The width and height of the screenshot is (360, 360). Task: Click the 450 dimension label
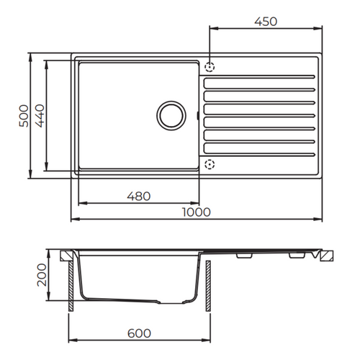coord(266,22)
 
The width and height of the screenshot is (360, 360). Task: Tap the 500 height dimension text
coord(24,116)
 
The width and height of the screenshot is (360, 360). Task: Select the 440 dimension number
coord(40,116)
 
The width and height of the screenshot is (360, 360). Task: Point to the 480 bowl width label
coord(139,197)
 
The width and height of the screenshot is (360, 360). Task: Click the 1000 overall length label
coord(197,212)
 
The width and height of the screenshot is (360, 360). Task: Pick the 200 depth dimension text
coord(42,275)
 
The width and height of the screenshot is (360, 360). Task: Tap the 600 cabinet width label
coord(139,333)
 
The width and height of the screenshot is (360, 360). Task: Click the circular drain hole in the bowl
coord(171,116)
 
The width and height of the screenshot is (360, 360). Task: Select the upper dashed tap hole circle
coord(210,67)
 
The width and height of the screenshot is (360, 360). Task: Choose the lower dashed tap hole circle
coord(210,164)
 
